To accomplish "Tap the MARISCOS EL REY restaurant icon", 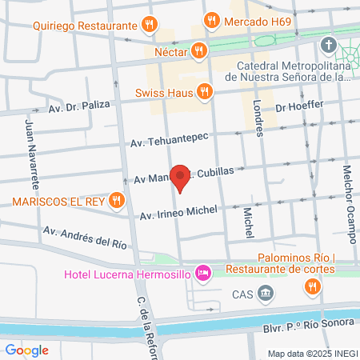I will [x=117, y=200].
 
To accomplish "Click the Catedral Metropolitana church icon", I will [x=328, y=43].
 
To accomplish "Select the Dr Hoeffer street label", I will [x=297, y=106].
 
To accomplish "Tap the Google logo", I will [x=26, y=350].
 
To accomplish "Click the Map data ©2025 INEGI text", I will [x=311, y=353].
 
